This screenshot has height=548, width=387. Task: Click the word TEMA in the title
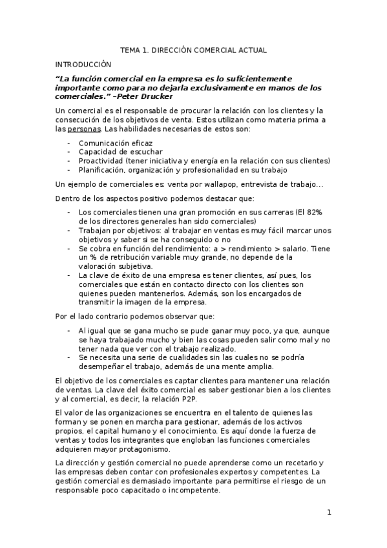click(x=131, y=50)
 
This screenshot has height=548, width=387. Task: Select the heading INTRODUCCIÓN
click(x=83, y=64)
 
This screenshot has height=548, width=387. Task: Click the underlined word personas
click(x=85, y=129)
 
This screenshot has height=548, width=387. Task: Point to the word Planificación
click(x=103, y=170)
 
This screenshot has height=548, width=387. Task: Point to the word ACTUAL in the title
click(x=252, y=50)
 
